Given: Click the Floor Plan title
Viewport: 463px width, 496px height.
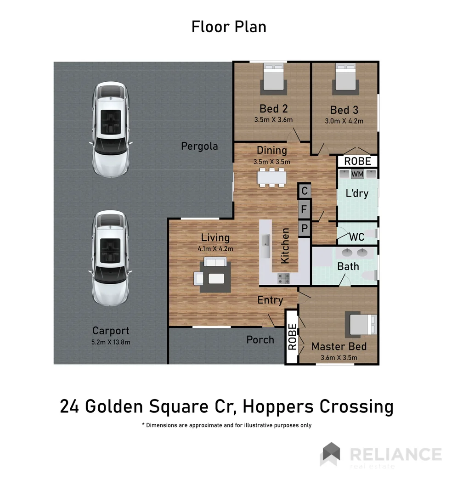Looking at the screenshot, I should point(229,27).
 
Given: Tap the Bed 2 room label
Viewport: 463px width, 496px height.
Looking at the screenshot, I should point(273,109).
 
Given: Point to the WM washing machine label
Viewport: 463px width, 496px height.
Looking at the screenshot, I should point(357,174).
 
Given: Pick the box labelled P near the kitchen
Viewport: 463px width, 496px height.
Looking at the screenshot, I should point(304,228).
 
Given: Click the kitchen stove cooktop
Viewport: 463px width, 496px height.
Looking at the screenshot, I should point(283,278).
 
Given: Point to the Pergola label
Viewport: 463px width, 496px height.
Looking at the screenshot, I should point(199,147).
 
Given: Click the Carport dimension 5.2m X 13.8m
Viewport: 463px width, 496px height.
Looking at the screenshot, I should point(111,342).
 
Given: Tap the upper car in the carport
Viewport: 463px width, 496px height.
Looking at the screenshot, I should point(111,130).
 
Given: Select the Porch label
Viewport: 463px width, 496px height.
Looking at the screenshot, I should point(260,340).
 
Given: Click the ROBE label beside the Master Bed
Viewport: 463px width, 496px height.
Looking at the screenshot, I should point(292,337).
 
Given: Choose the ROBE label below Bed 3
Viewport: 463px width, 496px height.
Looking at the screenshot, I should point(357,162).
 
